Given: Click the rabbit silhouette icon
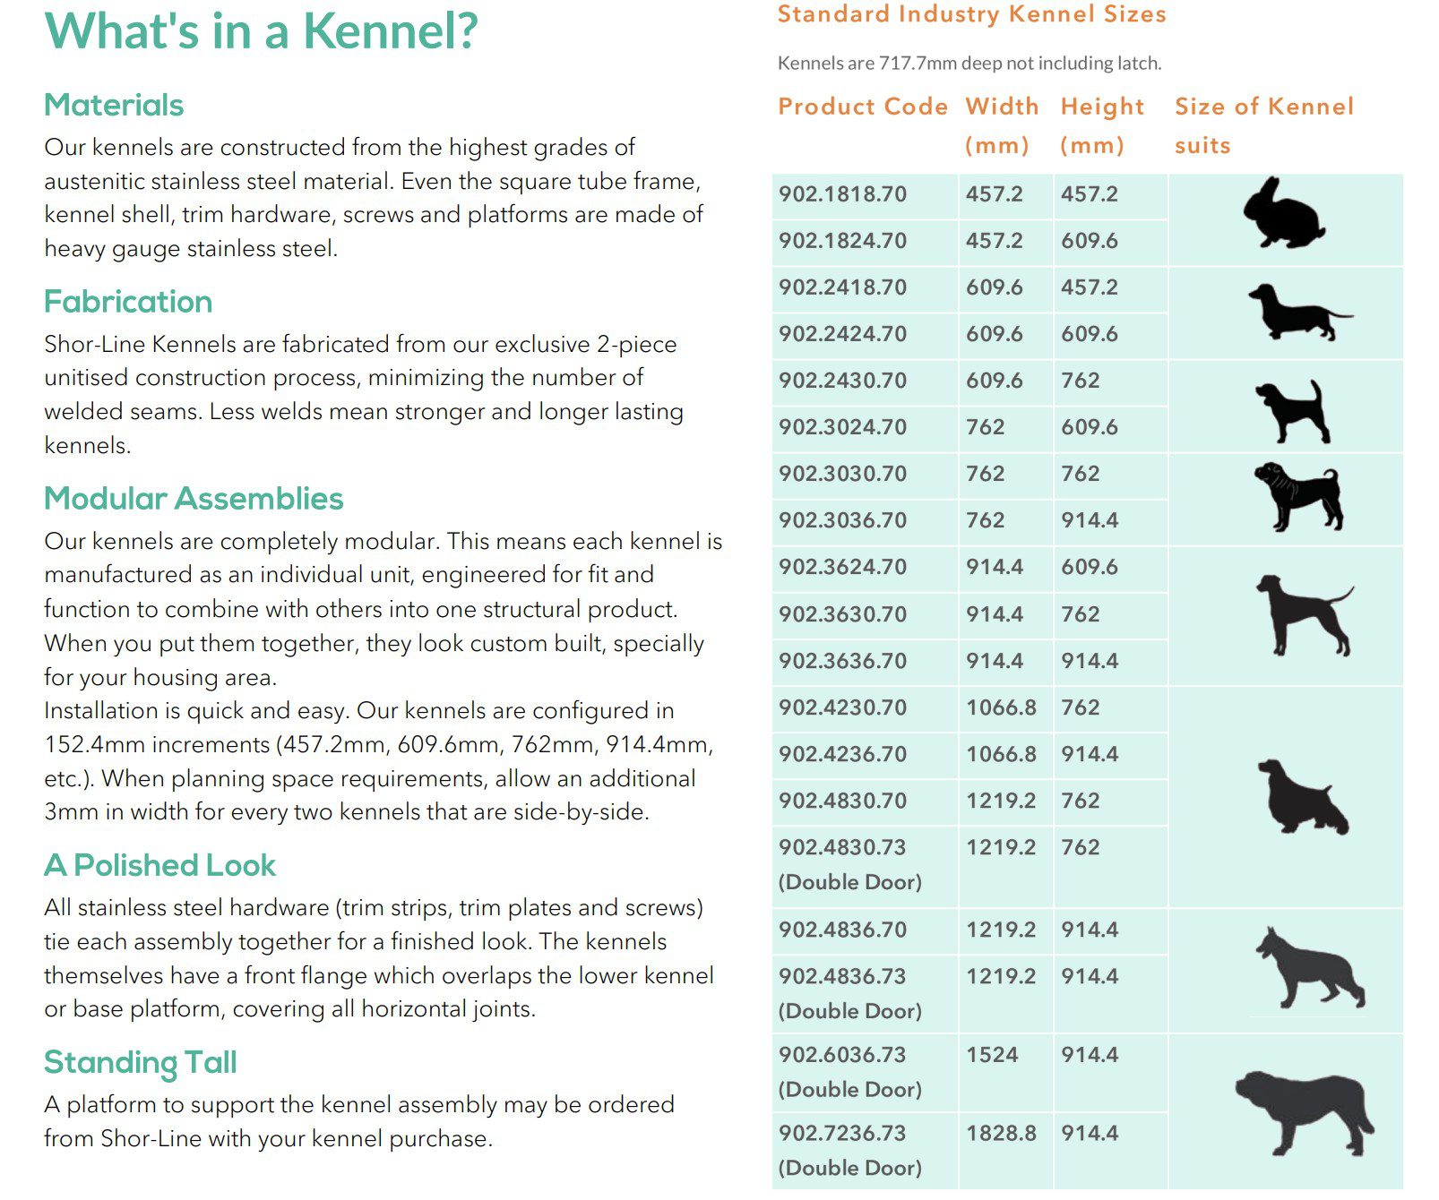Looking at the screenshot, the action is click(x=1283, y=213).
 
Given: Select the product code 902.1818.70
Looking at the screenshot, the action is click(x=842, y=194).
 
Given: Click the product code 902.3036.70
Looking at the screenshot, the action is click(x=842, y=520).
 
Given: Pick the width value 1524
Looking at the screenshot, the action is click(x=992, y=1055).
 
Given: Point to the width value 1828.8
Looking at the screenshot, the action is click(x=1001, y=1134).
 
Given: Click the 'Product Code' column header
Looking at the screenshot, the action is click(x=863, y=107).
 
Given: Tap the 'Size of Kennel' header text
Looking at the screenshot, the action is click(x=1264, y=107).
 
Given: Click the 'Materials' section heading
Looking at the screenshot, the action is click(x=114, y=106).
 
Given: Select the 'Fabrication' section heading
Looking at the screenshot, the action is click(x=128, y=302).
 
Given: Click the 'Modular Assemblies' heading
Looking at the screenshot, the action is click(x=194, y=499).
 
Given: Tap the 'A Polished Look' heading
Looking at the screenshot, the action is click(x=159, y=866).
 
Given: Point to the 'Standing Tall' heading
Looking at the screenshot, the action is click(x=141, y=1063).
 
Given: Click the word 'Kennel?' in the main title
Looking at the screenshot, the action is click(x=391, y=31).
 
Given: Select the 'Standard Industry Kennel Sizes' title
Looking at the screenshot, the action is click(x=972, y=14).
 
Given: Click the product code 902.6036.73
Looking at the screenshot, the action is click(x=842, y=1055).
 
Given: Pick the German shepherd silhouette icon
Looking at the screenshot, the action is click(x=1309, y=970).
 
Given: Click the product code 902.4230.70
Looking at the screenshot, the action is click(x=842, y=707).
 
